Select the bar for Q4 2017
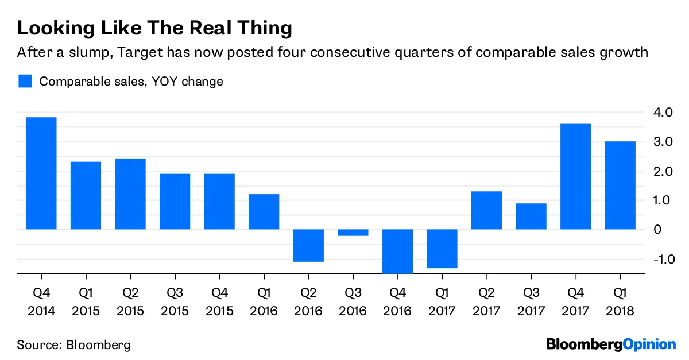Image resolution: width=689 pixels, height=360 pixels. tap(576, 177)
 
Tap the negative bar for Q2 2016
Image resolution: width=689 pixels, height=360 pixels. tap(309, 246)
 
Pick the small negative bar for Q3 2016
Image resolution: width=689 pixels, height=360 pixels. tap(353, 233)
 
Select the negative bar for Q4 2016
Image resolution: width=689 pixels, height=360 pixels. tap(398, 251)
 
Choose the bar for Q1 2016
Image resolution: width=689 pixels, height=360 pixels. tap(264, 212)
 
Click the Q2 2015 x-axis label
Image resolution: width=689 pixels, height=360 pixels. tap(130, 302)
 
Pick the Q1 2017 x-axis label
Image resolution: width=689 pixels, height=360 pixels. tap(442, 302)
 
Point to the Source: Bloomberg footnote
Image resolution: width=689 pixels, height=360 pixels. tap(73, 345)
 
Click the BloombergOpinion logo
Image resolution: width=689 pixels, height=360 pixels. tap(611, 344)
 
